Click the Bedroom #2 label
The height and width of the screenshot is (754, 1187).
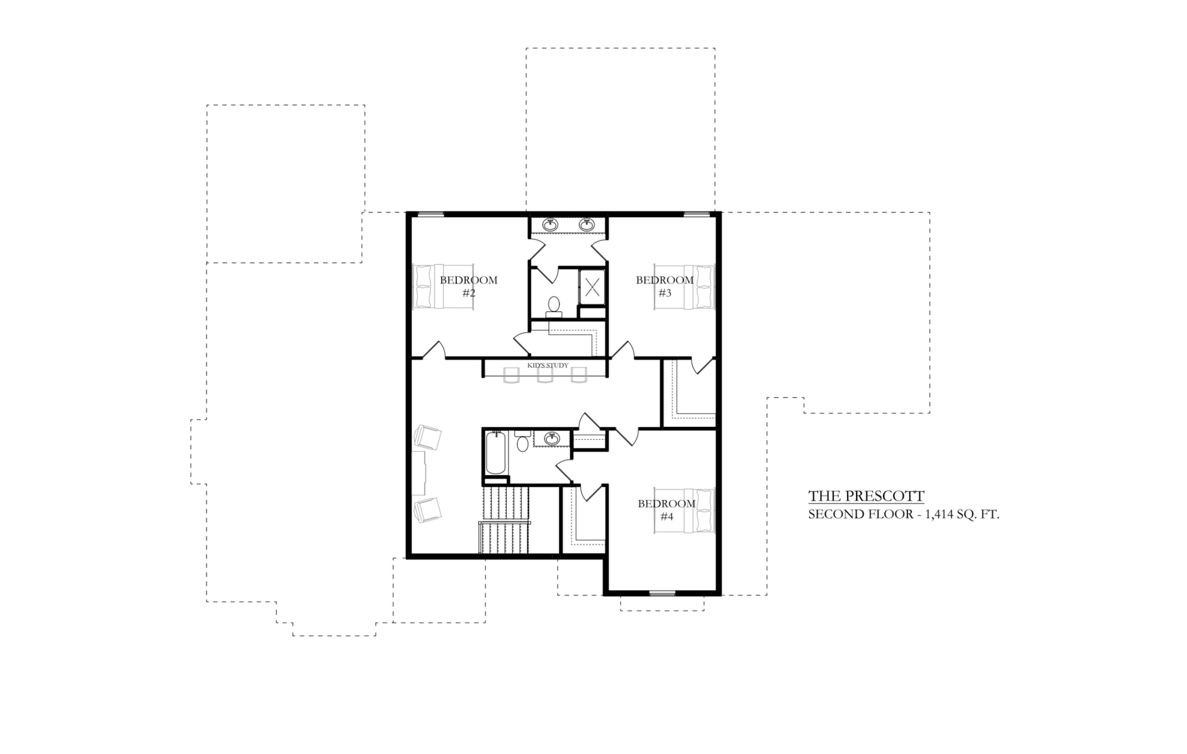[469, 286]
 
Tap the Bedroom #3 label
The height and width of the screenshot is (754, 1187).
[664, 286]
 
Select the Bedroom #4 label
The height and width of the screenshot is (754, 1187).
[666, 510]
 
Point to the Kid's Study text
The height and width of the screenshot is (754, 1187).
[548, 365]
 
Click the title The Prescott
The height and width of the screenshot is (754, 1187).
[866, 496]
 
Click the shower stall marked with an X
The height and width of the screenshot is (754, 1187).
[592, 287]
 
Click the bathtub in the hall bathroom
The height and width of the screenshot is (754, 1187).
[495, 452]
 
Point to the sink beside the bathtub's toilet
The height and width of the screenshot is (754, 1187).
[552, 438]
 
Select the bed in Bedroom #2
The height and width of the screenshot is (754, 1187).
[443, 287]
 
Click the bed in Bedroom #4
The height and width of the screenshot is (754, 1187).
[684, 511]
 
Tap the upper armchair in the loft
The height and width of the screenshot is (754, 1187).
[428, 437]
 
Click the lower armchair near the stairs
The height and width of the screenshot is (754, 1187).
[428, 510]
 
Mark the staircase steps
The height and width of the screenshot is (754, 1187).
[504, 521]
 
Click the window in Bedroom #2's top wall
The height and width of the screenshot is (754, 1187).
[431, 214]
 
